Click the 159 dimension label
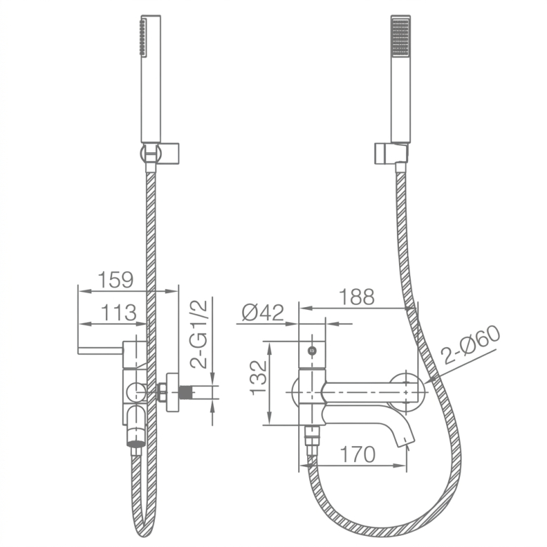116,279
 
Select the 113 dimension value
119,312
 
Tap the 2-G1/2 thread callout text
198,335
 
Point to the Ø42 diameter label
263,312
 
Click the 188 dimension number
356,297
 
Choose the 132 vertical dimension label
259,378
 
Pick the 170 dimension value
358,454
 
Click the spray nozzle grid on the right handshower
401,37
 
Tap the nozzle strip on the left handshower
142,37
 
